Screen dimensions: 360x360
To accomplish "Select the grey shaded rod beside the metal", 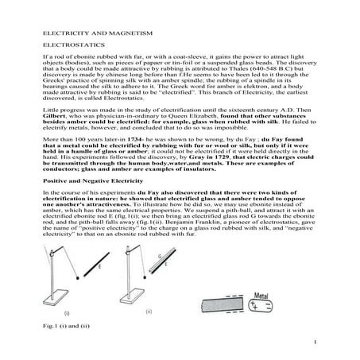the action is (223, 305).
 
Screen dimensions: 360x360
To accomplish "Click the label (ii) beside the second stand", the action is (149, 312).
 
